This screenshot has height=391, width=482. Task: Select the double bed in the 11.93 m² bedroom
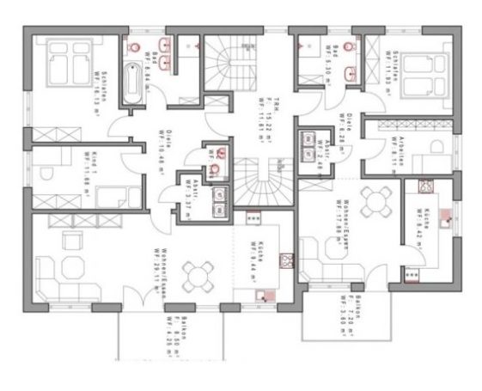point(418,64)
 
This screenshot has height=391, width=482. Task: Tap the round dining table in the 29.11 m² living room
point(199,274)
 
